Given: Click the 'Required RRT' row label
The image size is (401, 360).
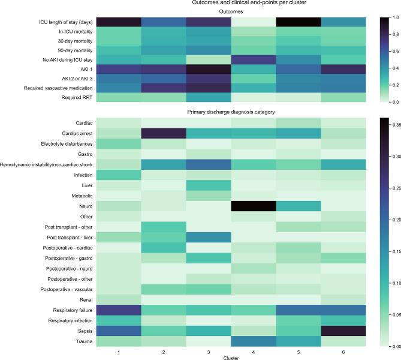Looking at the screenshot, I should click(71, 97).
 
